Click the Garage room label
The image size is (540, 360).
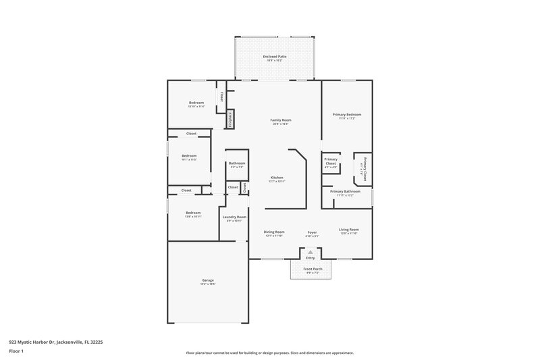click(x=208, y=280)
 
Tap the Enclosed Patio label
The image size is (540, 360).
click(x=274, y=57)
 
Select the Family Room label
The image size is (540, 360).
click(x=280, y=120)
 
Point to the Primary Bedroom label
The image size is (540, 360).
click(x=347, y=115)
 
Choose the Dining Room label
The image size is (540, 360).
click(x=274, y=232)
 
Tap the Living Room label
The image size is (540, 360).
click(x=348, y=230)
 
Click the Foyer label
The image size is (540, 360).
click(x=312, y=232)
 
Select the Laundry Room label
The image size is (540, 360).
click(x=234, y=217)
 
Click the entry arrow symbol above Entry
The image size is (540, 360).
click(x=310, y=252)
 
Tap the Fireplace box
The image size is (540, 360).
click(x=230, y=119)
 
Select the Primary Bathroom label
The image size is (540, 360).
click(x=345, y=192)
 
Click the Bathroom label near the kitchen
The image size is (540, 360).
click(x=236, y=163)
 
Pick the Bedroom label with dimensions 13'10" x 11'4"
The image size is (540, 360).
click(x=196, y=103)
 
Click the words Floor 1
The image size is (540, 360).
click(x=16, y=352)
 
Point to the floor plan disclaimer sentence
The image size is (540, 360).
click(x=269, y=353)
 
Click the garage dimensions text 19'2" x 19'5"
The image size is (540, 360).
click(x=208, y=284)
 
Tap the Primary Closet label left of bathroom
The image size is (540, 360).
click(x=331, y=161)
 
